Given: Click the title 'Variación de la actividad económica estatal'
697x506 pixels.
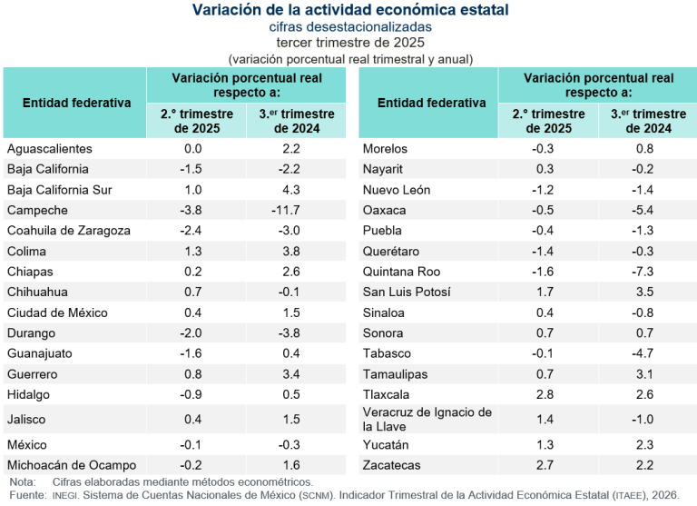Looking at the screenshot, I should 349,10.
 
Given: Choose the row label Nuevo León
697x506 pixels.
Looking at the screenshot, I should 397,190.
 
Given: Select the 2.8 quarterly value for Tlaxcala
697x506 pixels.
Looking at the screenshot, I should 544,394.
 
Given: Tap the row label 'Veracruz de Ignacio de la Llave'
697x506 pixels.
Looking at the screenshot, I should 427,419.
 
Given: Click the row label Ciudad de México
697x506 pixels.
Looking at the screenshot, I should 57,313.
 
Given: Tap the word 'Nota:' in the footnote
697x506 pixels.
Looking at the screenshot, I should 23,481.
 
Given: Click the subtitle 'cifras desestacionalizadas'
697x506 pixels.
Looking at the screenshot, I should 349,27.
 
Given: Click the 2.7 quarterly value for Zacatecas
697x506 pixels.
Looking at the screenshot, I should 544,465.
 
